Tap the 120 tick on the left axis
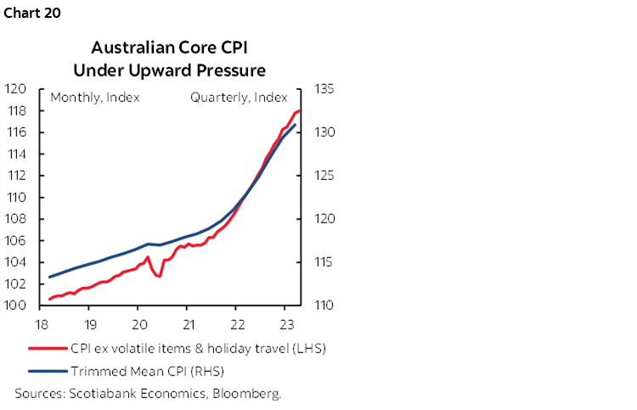[17, 89]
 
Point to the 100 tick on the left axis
[17, 306]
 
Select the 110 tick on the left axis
[17, 198]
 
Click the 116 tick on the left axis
[17, 132]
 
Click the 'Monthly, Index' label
[95, 98]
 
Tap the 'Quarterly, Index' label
[239, 98]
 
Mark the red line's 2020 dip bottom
[159, 276]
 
